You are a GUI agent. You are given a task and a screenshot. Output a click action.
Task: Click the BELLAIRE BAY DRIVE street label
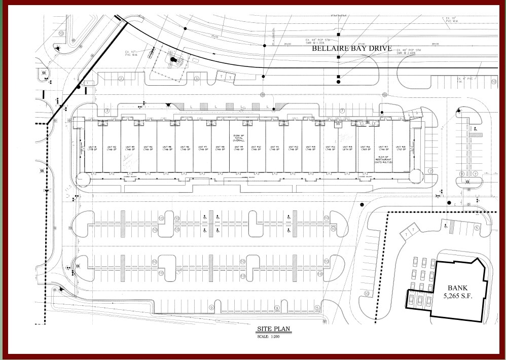point(351,49)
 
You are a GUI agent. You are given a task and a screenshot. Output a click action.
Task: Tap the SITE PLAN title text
point(274,329)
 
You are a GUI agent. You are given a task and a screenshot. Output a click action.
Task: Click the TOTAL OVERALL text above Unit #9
point(238,138)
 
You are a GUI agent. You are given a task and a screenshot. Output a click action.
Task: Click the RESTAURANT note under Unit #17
point(384,159)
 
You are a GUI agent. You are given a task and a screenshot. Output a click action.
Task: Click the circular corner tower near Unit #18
point(415,176)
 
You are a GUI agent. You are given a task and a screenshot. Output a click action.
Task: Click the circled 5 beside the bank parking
point(477,228)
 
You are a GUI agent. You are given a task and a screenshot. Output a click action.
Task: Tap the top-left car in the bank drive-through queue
point(414,262)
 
